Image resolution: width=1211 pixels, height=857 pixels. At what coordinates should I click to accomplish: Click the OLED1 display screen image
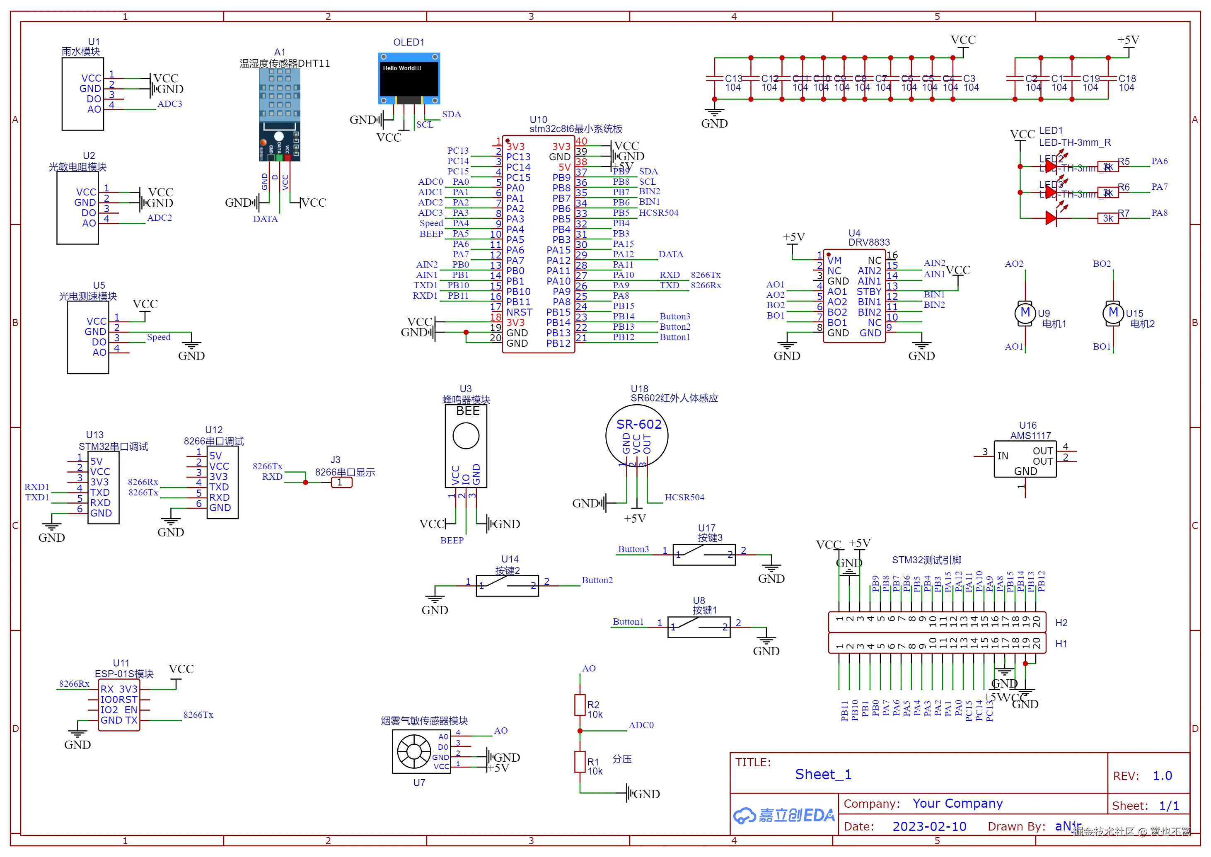pos(409,79)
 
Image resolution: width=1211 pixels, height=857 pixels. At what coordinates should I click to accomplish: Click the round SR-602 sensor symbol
pos(637,436)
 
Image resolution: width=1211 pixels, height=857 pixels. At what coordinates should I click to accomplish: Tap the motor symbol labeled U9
pos(1025,313)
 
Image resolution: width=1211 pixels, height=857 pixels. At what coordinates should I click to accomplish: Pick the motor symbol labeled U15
pos(1113,313)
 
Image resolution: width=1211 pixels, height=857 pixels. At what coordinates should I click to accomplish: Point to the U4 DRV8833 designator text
pos(854,233)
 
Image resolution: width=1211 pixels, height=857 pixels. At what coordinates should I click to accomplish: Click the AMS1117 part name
pos(1030,436)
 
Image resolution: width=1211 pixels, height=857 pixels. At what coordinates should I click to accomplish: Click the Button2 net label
pos(597,580)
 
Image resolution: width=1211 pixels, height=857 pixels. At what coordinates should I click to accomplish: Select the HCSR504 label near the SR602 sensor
pos(684,497)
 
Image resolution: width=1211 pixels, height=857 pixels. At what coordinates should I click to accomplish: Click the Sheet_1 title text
pos(823,774)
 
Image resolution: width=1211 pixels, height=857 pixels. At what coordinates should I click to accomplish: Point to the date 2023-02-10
pos(929,826)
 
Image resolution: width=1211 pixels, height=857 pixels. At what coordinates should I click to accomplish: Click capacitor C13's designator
pos(733,79)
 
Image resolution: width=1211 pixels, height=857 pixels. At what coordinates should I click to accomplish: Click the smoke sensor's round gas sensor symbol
pos(414,751)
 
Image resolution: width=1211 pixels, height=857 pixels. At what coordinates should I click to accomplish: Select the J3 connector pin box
pos(341,482)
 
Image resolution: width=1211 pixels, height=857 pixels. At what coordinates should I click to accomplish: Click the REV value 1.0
pos(1162,776)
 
